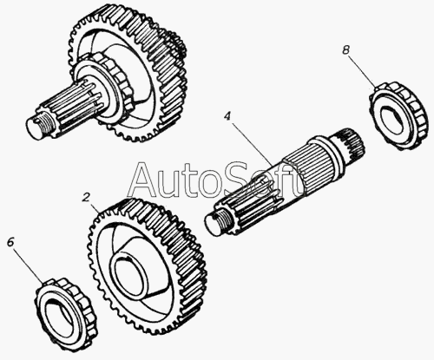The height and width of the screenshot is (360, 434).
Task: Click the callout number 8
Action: point(345,50)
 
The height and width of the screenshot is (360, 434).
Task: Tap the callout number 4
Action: point(227,117)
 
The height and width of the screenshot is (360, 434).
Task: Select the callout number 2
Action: point(86,198)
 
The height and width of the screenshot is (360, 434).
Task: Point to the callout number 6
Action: point(10,242)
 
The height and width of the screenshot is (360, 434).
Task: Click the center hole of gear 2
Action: point(128,274)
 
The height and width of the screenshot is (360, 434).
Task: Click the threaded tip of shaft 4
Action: point(216,221)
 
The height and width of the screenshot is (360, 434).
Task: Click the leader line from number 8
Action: point(363,71)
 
